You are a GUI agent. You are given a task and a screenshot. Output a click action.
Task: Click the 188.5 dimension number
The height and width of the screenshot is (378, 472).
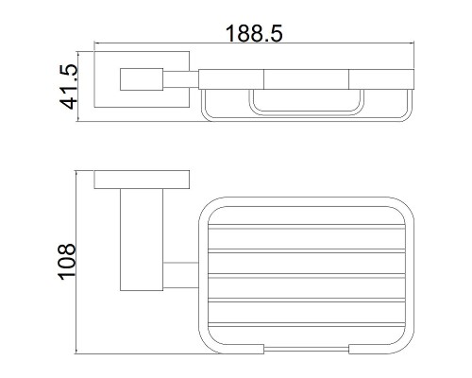(254, 33)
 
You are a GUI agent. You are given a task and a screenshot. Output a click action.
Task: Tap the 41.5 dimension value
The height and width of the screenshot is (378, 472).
(68, 87)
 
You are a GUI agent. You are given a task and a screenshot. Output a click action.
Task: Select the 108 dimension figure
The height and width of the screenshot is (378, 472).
(67, 261)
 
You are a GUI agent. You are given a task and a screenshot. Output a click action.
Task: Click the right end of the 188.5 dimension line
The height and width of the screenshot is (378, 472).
(413, 43)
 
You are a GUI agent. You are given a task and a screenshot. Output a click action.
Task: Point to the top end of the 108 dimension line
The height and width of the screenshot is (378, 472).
(76, 171)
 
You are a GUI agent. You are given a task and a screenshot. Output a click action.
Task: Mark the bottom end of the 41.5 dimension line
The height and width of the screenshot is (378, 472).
(78, 121)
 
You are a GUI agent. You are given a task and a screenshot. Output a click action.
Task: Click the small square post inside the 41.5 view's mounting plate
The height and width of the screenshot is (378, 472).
(142, 79)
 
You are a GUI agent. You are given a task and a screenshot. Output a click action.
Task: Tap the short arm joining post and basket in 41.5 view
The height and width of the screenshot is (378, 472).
(181, 79)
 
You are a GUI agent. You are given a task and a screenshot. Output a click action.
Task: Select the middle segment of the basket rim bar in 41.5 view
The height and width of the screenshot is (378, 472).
(306, 79)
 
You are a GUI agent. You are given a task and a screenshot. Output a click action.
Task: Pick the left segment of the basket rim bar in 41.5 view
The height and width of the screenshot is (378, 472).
(231, 79)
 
